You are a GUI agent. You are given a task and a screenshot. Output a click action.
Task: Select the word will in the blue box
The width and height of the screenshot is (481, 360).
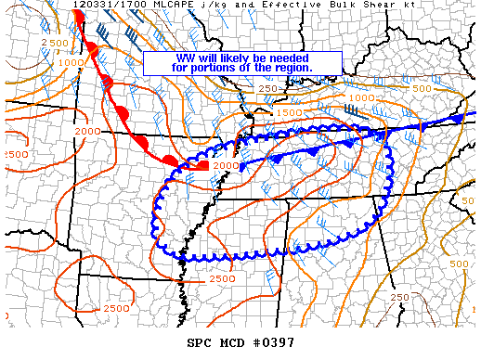[x=206, y=58]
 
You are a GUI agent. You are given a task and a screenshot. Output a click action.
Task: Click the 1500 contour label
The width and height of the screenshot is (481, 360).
[x=290, y=112]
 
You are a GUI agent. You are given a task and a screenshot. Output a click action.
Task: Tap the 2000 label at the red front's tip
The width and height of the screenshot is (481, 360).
[x=226, y=165]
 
